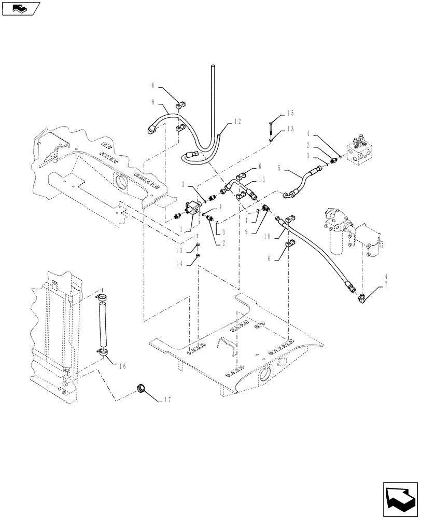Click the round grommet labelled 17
click(141, 389)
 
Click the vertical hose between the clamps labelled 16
click(102, 325)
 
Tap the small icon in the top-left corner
click(21, 8)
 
